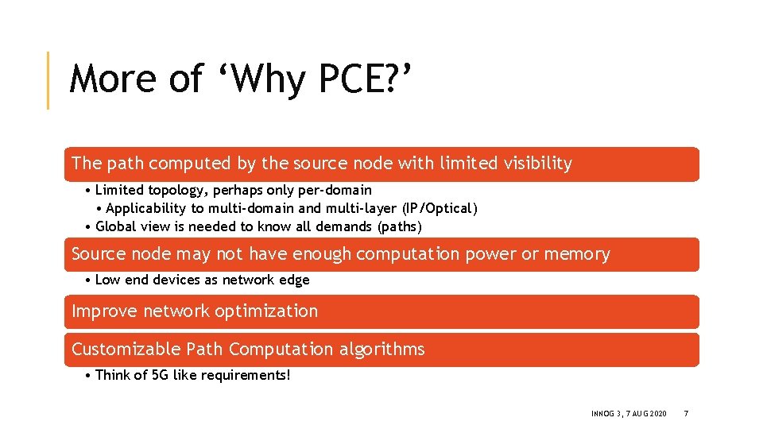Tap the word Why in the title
pyautogui.click(x=261, y=79)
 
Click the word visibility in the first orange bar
pyautogui.click(x=537, y=164)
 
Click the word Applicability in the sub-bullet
pyautogui.click(x=145, y=208)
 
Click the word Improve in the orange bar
pyautogui.click(x=104, y=311)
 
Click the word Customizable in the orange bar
pyautogui.click(x=126, y=350)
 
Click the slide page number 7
pyautogui.click(x=686, y=414)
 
